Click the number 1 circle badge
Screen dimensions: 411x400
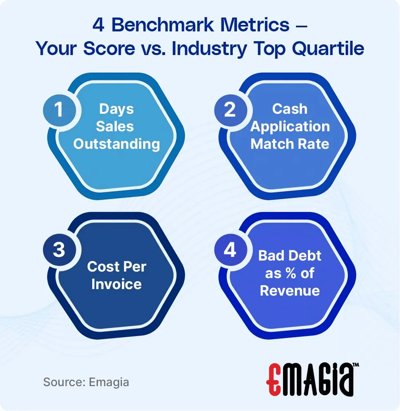pos(59,109)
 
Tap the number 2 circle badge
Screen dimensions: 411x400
pos(230,109)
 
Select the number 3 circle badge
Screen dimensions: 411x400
pos(59,249)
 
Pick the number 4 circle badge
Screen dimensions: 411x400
pos(230,249)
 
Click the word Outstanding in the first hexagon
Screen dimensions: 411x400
pos(117,144)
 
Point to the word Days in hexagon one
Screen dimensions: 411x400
pos(117,109)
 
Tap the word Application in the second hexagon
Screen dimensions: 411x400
pos(290,126)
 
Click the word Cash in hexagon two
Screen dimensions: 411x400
pos(290,109)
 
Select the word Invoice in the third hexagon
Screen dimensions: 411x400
pos(117,284)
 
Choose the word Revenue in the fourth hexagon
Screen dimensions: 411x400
pos(290,291)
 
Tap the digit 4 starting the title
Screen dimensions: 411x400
pos(98,25)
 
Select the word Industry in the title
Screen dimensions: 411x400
pos(209,49)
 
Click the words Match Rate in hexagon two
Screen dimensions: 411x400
pos(290,144)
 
